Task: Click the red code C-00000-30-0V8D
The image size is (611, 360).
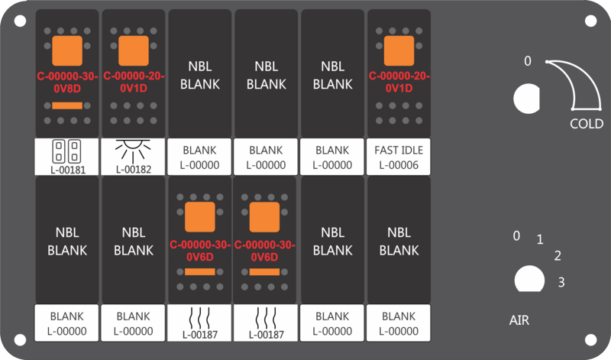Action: click(x=67, y=83)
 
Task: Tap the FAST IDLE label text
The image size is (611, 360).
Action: click(x=399, y=150)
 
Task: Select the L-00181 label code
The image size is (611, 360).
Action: click(x=68, y=170)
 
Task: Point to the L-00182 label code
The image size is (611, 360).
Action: click(x=134, y=169)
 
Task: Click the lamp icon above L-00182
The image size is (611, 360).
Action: click(x=133, y=151)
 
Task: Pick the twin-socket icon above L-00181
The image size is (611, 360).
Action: click(x=66, y=151)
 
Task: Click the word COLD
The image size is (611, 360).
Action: click(x=587, y=124)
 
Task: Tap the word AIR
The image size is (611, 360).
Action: click(x=519, y=320)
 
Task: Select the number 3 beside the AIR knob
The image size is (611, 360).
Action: click(x=561, y=282)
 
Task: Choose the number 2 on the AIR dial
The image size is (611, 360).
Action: click(x=558, y=256)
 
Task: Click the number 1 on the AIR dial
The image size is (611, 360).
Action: click(x=540, y=239)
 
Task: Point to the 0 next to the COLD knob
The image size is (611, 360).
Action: click(x=527, y=61)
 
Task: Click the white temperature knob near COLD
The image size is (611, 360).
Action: click(x=526, y=99)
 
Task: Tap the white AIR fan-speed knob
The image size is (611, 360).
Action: click(x=529, y=279)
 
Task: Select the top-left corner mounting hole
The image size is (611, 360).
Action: click(x=20, y=21)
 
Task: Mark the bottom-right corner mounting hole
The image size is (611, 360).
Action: click(x=590, y=339)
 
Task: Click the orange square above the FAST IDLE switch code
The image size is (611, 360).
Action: click(x=399, y=50)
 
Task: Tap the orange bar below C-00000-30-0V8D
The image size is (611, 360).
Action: click(x=67, y=105)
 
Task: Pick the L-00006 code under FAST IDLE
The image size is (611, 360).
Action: click(x=399, y=165)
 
